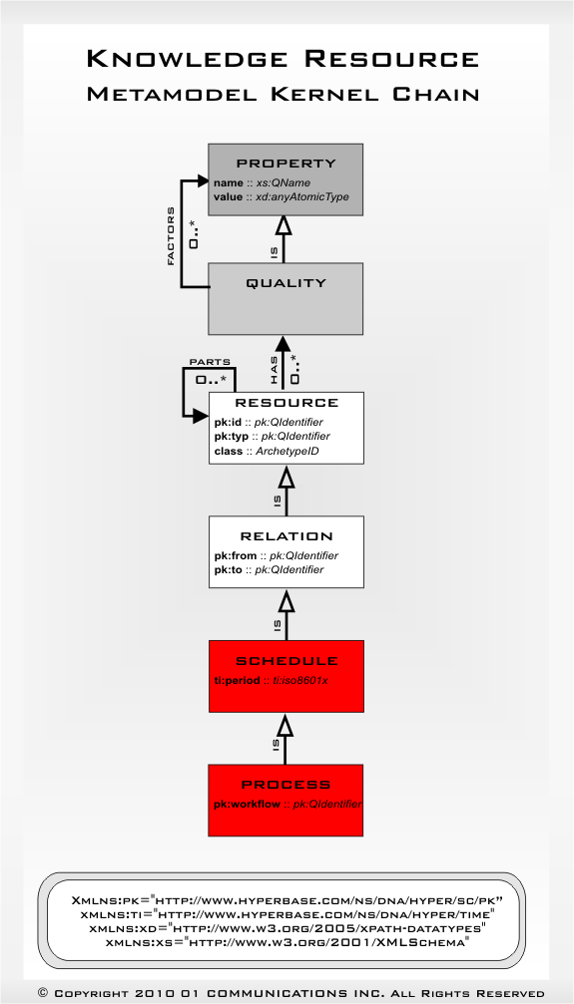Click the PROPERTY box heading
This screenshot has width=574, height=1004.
286,163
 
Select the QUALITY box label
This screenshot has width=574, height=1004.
286,283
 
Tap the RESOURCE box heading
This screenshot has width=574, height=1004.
286,403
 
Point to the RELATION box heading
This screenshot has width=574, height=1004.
286,535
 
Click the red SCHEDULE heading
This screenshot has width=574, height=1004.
286,660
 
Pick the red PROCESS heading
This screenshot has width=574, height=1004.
286,785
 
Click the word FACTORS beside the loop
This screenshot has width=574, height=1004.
171,236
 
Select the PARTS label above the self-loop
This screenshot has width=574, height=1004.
211,362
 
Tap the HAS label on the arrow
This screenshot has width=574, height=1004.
273,372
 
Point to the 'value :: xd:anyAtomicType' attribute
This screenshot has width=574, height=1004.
281,196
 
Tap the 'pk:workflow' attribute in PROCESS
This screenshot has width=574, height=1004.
287,804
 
